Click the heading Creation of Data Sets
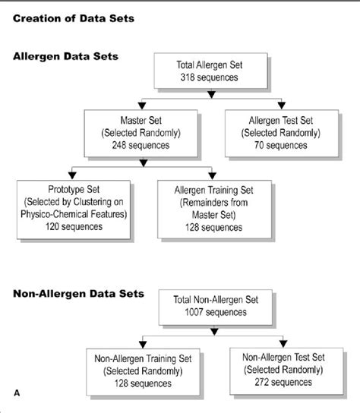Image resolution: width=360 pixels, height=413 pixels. (x=74, y=18)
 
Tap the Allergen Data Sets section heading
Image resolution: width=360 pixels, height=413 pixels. (x=65, y=56)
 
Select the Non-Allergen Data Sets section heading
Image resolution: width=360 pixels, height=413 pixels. (x=78, y=294)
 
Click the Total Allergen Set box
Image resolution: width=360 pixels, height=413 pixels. (x=210, y=71)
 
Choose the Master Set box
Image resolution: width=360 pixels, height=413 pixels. (x=141, y=134)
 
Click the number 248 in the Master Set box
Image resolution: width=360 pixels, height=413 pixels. (x=119, y=145)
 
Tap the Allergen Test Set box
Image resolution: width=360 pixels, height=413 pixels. (x=282, y=134)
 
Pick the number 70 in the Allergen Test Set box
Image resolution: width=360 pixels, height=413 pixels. (x=259, y=145)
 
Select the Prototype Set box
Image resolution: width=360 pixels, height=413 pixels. (x=74, y=210)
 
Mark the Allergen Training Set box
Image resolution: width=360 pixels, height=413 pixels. (x=214, y=209)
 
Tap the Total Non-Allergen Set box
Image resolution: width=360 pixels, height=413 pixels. (x=215, y=307)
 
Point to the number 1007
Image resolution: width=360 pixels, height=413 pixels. (x=194, y=312)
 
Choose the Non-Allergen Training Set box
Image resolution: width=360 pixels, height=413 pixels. (x=143, y=372)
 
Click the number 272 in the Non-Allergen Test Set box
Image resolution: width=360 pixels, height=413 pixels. (x=262, y=382)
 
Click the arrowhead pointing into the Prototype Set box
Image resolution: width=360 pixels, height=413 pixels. (x=72, y=175)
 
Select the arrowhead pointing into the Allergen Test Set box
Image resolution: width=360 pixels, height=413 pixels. (x=282, y=106)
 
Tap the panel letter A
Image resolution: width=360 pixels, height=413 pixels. (x=17, y=393)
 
